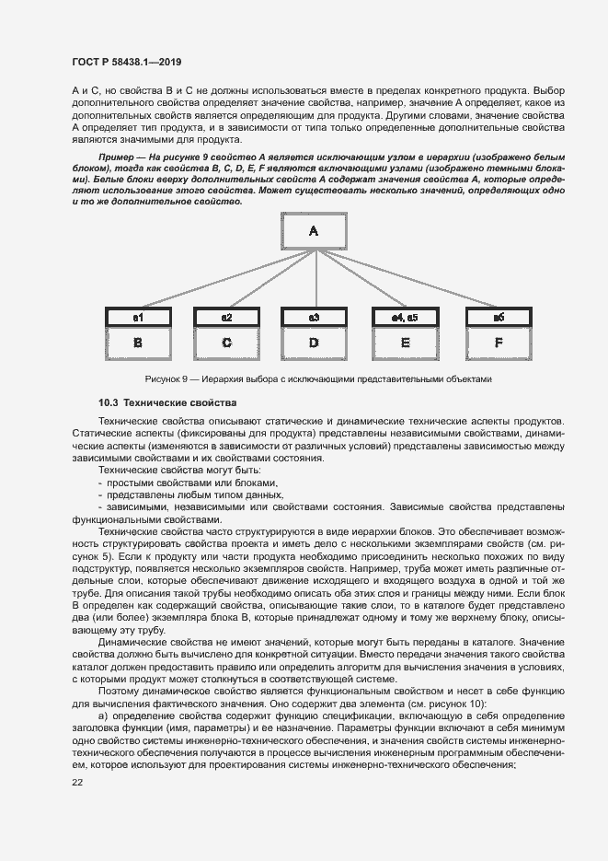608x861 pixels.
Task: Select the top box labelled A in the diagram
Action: click(312, 232)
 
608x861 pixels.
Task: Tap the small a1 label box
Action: click(138, 317)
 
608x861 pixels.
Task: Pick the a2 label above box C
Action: click(226, 317)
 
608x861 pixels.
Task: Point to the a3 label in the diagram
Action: click(314, 317)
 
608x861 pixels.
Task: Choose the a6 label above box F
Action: click(498, 317)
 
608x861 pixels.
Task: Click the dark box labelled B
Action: click(138, 343)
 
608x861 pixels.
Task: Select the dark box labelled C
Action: click(226, 343)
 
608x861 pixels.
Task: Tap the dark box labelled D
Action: click(314, 343)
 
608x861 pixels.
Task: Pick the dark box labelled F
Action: click(498, 343)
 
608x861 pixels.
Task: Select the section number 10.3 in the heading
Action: click(109, 403)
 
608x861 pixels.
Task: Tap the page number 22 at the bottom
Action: click(77, 782)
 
